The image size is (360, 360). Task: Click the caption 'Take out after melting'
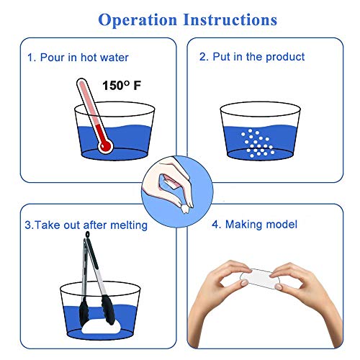pos(91,225)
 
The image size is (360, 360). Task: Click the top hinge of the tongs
pos(90,237)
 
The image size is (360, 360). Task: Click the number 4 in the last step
pos(215,225)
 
